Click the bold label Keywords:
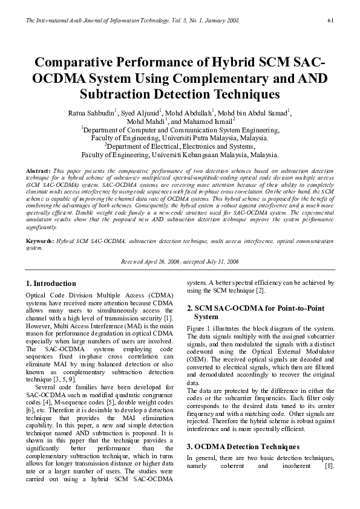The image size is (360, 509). tap(41, 241)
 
